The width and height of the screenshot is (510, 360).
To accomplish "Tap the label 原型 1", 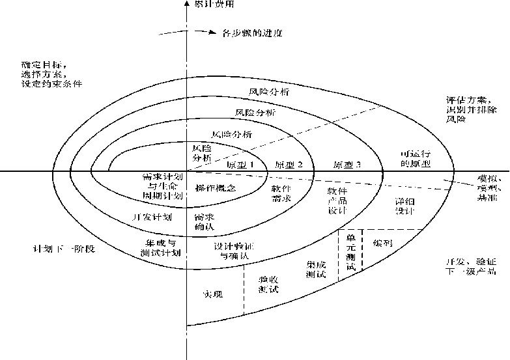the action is tap(239, 164).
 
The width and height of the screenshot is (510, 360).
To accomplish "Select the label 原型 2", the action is tap(289, 164).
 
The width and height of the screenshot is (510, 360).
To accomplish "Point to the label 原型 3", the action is tap(347, 164).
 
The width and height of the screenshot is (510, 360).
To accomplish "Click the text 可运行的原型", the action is tap(415, 158).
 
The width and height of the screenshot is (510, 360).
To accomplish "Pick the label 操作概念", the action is tap(215, 188).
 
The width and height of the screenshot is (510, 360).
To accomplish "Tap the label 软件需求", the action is tap(282, 193).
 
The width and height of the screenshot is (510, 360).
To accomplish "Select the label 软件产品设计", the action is tap(337, 201).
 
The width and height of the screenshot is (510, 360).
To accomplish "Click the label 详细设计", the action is tap(404, 206).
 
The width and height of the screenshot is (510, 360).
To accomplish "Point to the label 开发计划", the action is tap(152, 217).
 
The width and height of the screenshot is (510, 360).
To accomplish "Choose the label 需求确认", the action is tap(204, 222).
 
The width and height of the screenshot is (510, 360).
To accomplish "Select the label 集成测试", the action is tap(316, 269).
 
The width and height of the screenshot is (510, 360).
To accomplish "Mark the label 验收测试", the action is tap(268, 284).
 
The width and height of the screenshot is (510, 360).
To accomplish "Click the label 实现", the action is tap(212, 294).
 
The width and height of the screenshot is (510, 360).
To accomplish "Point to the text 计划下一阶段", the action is tap(64, 249).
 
